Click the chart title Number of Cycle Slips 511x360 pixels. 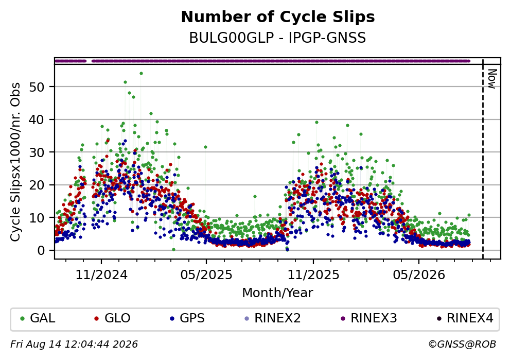click(278, 17)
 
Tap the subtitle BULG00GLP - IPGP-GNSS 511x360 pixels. click(278, 38)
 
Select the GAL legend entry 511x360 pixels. click(38, 318)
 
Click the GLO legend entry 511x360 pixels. click(112, 318)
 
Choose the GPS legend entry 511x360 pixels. click(187, 318)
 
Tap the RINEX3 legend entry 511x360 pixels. click(368, 318)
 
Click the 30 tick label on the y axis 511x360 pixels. click(37, 152)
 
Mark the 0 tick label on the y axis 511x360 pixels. click(41, 251)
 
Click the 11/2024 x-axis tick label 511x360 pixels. click(101, 275)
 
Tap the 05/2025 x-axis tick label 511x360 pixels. click(206, 275)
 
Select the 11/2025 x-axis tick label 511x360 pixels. click(313, 275)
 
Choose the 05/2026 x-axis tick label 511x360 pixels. click(419, 275)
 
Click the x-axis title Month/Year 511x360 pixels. click(278, 293)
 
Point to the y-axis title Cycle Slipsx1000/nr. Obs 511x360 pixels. click(15, 162)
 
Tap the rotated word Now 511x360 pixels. click(492, 79)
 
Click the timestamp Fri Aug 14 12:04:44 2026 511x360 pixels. click(74, 345)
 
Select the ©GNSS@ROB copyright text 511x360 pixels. click(462, 345)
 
